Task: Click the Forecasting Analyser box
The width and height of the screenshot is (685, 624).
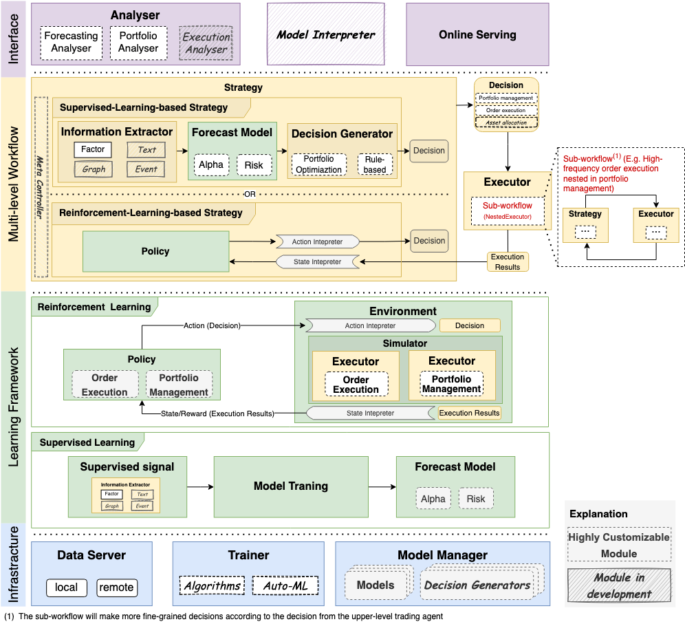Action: coord(72,43)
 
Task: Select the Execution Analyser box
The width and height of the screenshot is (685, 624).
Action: coord(206,43)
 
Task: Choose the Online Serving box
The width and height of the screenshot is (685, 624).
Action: coord(477,34)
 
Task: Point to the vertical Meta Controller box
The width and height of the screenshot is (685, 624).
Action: coord(41,186)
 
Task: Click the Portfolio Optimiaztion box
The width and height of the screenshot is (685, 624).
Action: coord(318,164)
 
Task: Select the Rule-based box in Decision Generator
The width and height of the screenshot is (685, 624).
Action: coord(376,164)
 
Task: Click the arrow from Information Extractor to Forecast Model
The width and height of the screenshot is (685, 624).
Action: coord(182,149)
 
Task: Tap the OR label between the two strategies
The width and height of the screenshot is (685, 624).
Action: coord(250,194)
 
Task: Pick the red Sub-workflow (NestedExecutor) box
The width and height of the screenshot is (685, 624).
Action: coord(508,211)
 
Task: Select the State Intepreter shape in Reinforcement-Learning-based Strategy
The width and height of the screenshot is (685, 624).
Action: coord(317,261)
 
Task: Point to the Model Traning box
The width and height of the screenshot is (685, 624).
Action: coord(291,486)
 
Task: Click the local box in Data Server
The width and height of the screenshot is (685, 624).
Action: coord(67,588)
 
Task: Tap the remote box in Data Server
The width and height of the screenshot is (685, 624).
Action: coord(116,588)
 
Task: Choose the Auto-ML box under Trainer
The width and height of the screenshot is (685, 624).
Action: coord(285,586)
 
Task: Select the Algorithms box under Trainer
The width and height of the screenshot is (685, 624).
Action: coord(212,586)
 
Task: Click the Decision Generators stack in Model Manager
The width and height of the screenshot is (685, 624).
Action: coord(478,585)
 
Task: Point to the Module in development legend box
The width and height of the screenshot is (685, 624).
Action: coord(618,585)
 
